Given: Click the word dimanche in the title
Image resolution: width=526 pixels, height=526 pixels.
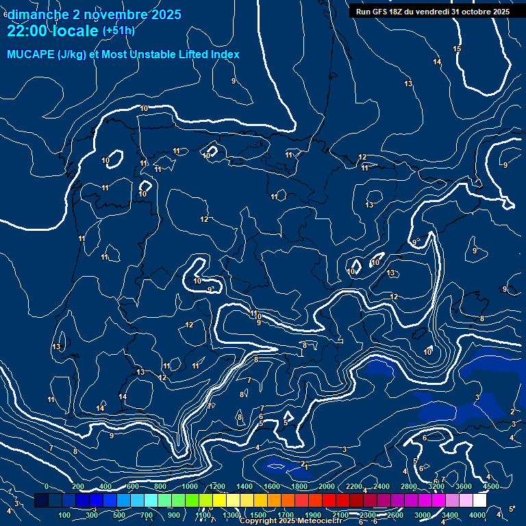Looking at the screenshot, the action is [37, 14].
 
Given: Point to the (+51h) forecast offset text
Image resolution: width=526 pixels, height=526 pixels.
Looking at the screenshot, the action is [118, 31].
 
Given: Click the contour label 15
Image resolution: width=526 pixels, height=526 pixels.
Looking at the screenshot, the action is [457, 49].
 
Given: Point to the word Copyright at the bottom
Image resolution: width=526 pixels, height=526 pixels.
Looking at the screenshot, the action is [258, 521].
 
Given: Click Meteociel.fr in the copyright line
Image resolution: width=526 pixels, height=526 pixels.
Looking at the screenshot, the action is [322, 521].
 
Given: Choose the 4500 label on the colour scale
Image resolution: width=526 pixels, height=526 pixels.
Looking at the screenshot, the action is [490, 486].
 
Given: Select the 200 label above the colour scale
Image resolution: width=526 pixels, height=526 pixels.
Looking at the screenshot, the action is [77, 486].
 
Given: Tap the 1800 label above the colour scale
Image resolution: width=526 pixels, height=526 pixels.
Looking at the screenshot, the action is [299, 486].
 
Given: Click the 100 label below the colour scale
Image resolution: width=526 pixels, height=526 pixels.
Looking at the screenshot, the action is [64, 515].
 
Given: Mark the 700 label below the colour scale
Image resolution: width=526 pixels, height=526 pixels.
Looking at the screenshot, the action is [147, 515].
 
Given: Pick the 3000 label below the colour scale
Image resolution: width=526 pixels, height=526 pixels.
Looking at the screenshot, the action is [422, 515].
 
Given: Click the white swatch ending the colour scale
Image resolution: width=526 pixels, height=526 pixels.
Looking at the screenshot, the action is [479, 501].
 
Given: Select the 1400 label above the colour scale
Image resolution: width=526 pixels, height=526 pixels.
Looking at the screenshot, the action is [244, 486].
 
